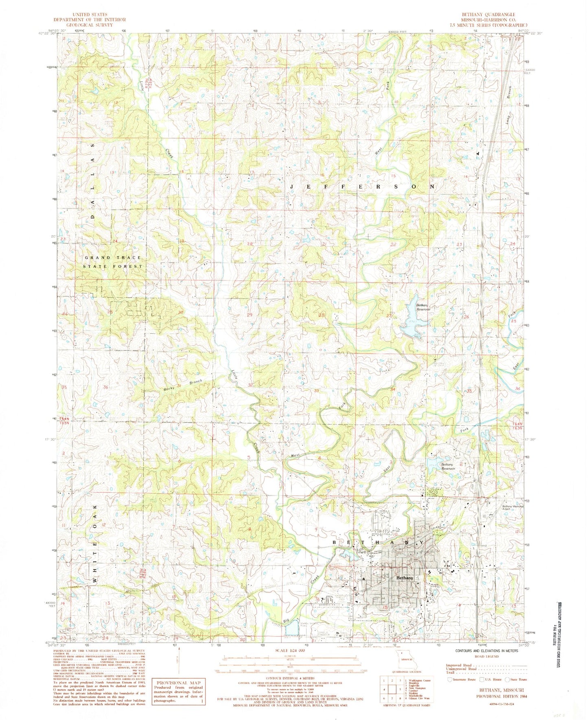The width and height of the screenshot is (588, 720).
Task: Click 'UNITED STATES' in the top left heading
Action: click(x=90, y=14)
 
